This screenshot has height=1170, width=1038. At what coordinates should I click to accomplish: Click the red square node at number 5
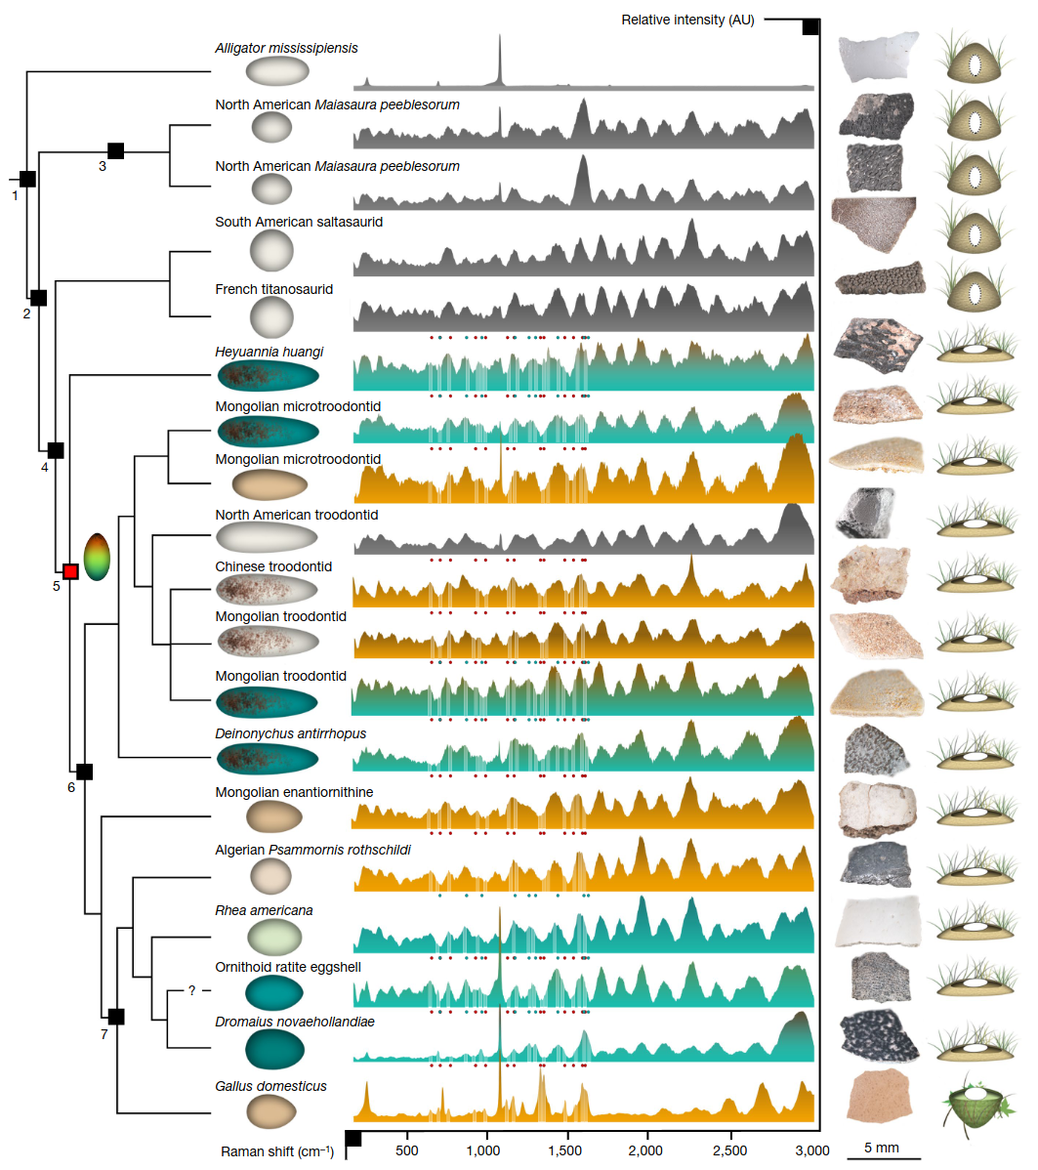point(71,571)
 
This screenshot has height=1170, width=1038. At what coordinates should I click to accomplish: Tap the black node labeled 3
point(115,150)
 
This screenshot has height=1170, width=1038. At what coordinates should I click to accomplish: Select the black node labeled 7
point(116,1017)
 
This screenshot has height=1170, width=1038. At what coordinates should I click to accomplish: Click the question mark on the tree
point(191,990)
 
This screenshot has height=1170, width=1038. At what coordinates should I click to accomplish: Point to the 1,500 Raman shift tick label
point(564,1150)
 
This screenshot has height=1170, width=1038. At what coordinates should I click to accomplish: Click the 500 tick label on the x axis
point(406,1150)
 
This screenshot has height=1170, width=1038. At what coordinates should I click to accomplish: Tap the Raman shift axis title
point(277,1151)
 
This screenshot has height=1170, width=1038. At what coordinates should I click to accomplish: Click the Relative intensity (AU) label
point(687,21)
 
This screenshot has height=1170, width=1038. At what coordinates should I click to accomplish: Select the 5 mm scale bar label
point(882,1148)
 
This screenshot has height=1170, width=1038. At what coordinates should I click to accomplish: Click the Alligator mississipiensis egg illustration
point(277,71)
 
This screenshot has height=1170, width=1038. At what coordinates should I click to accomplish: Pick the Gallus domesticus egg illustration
point(271,1111)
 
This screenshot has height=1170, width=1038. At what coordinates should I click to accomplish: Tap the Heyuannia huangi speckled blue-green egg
point(268,375)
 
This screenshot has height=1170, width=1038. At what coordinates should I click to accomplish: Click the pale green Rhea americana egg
point(274,938)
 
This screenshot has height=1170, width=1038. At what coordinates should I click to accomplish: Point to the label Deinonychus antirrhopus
point(290,733)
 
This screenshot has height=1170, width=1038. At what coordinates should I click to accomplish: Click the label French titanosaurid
point(273,289)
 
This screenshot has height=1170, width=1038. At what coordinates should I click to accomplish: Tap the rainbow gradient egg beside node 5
point(97,557)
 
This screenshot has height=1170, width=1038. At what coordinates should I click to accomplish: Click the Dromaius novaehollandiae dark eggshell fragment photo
point(878,1037)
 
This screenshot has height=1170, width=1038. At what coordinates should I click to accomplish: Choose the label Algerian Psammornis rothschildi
point(312,850)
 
